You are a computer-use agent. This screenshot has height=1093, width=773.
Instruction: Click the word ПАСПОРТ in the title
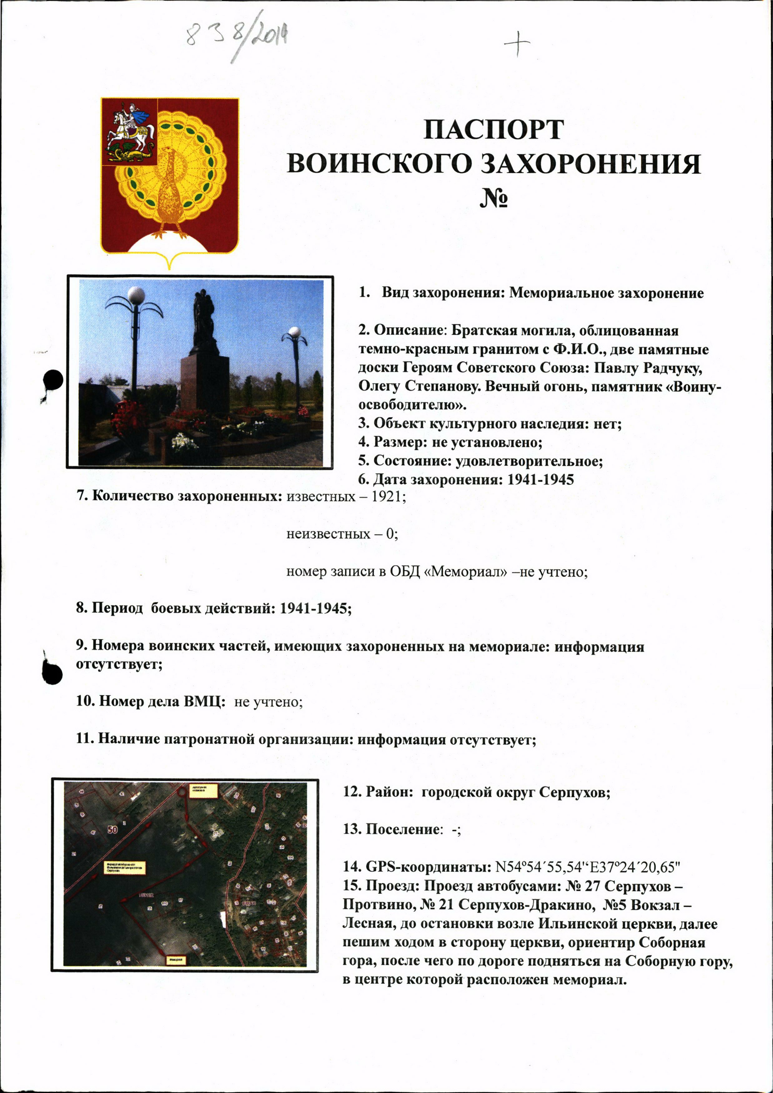[x=493, y=130]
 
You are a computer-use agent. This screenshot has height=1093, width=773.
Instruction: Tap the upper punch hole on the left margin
[x=53, y=380]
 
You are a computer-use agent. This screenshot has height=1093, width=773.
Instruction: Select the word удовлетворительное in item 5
[x=529, y=461]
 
